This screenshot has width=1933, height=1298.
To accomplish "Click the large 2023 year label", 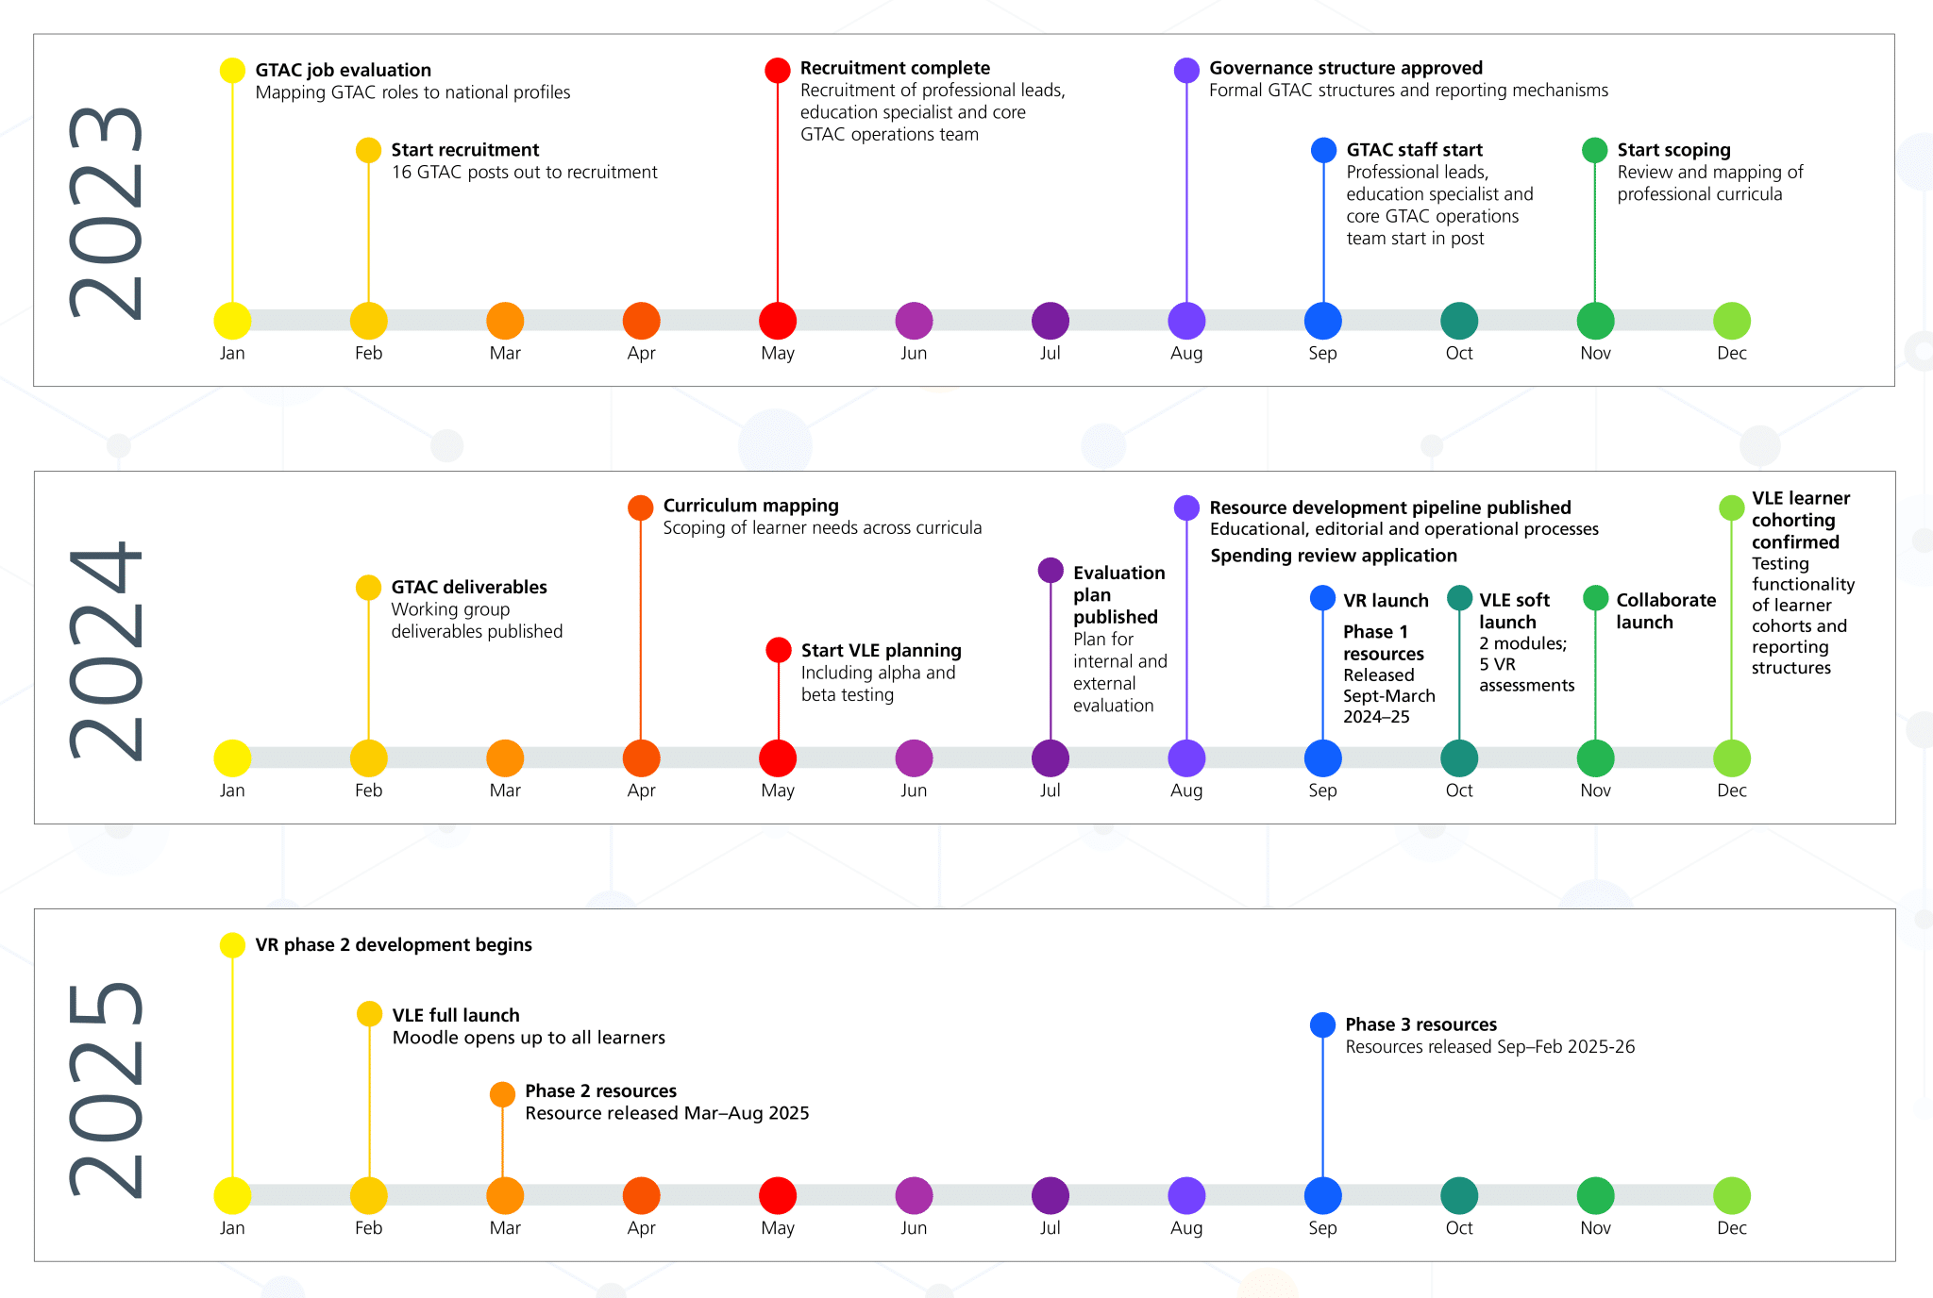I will tap(106, 213).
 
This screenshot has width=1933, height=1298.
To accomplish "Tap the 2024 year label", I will tap(106, 651).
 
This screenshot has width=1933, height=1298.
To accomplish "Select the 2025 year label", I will tap(106, 1090).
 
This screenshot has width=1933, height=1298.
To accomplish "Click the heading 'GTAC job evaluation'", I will tap(343, 70).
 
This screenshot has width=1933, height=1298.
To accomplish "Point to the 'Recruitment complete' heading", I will tap(895, 68).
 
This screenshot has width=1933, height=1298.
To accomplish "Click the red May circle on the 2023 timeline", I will tap(778, 321).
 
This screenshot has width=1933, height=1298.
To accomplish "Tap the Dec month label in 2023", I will tap(1731, 353).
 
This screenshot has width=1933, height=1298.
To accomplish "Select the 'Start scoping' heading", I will tap(1673, 150).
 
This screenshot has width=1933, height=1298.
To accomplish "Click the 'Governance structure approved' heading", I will tap(1345, 68).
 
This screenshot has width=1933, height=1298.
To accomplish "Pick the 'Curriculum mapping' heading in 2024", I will tap(750, 506).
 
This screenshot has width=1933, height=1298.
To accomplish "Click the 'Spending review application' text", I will tap(1333, 556).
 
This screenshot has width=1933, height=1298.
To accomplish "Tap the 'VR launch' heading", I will tap(1386, 601).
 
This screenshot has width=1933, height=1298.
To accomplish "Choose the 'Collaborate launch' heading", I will tap(1665, 610).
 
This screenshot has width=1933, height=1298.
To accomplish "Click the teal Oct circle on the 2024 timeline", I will tap(1459, 758).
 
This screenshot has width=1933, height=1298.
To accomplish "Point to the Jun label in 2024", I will tap(914, 790).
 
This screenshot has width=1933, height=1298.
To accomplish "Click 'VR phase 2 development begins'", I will tap(394, 944).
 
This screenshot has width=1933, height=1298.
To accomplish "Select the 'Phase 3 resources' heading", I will tap(1420, 1024).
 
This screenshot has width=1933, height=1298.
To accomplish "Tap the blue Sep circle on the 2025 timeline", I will tap(1322, 1195).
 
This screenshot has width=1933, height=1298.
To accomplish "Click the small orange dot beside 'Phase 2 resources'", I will tap(502, 1094).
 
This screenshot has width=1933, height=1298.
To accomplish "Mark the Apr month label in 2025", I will tap(641, 1228).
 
